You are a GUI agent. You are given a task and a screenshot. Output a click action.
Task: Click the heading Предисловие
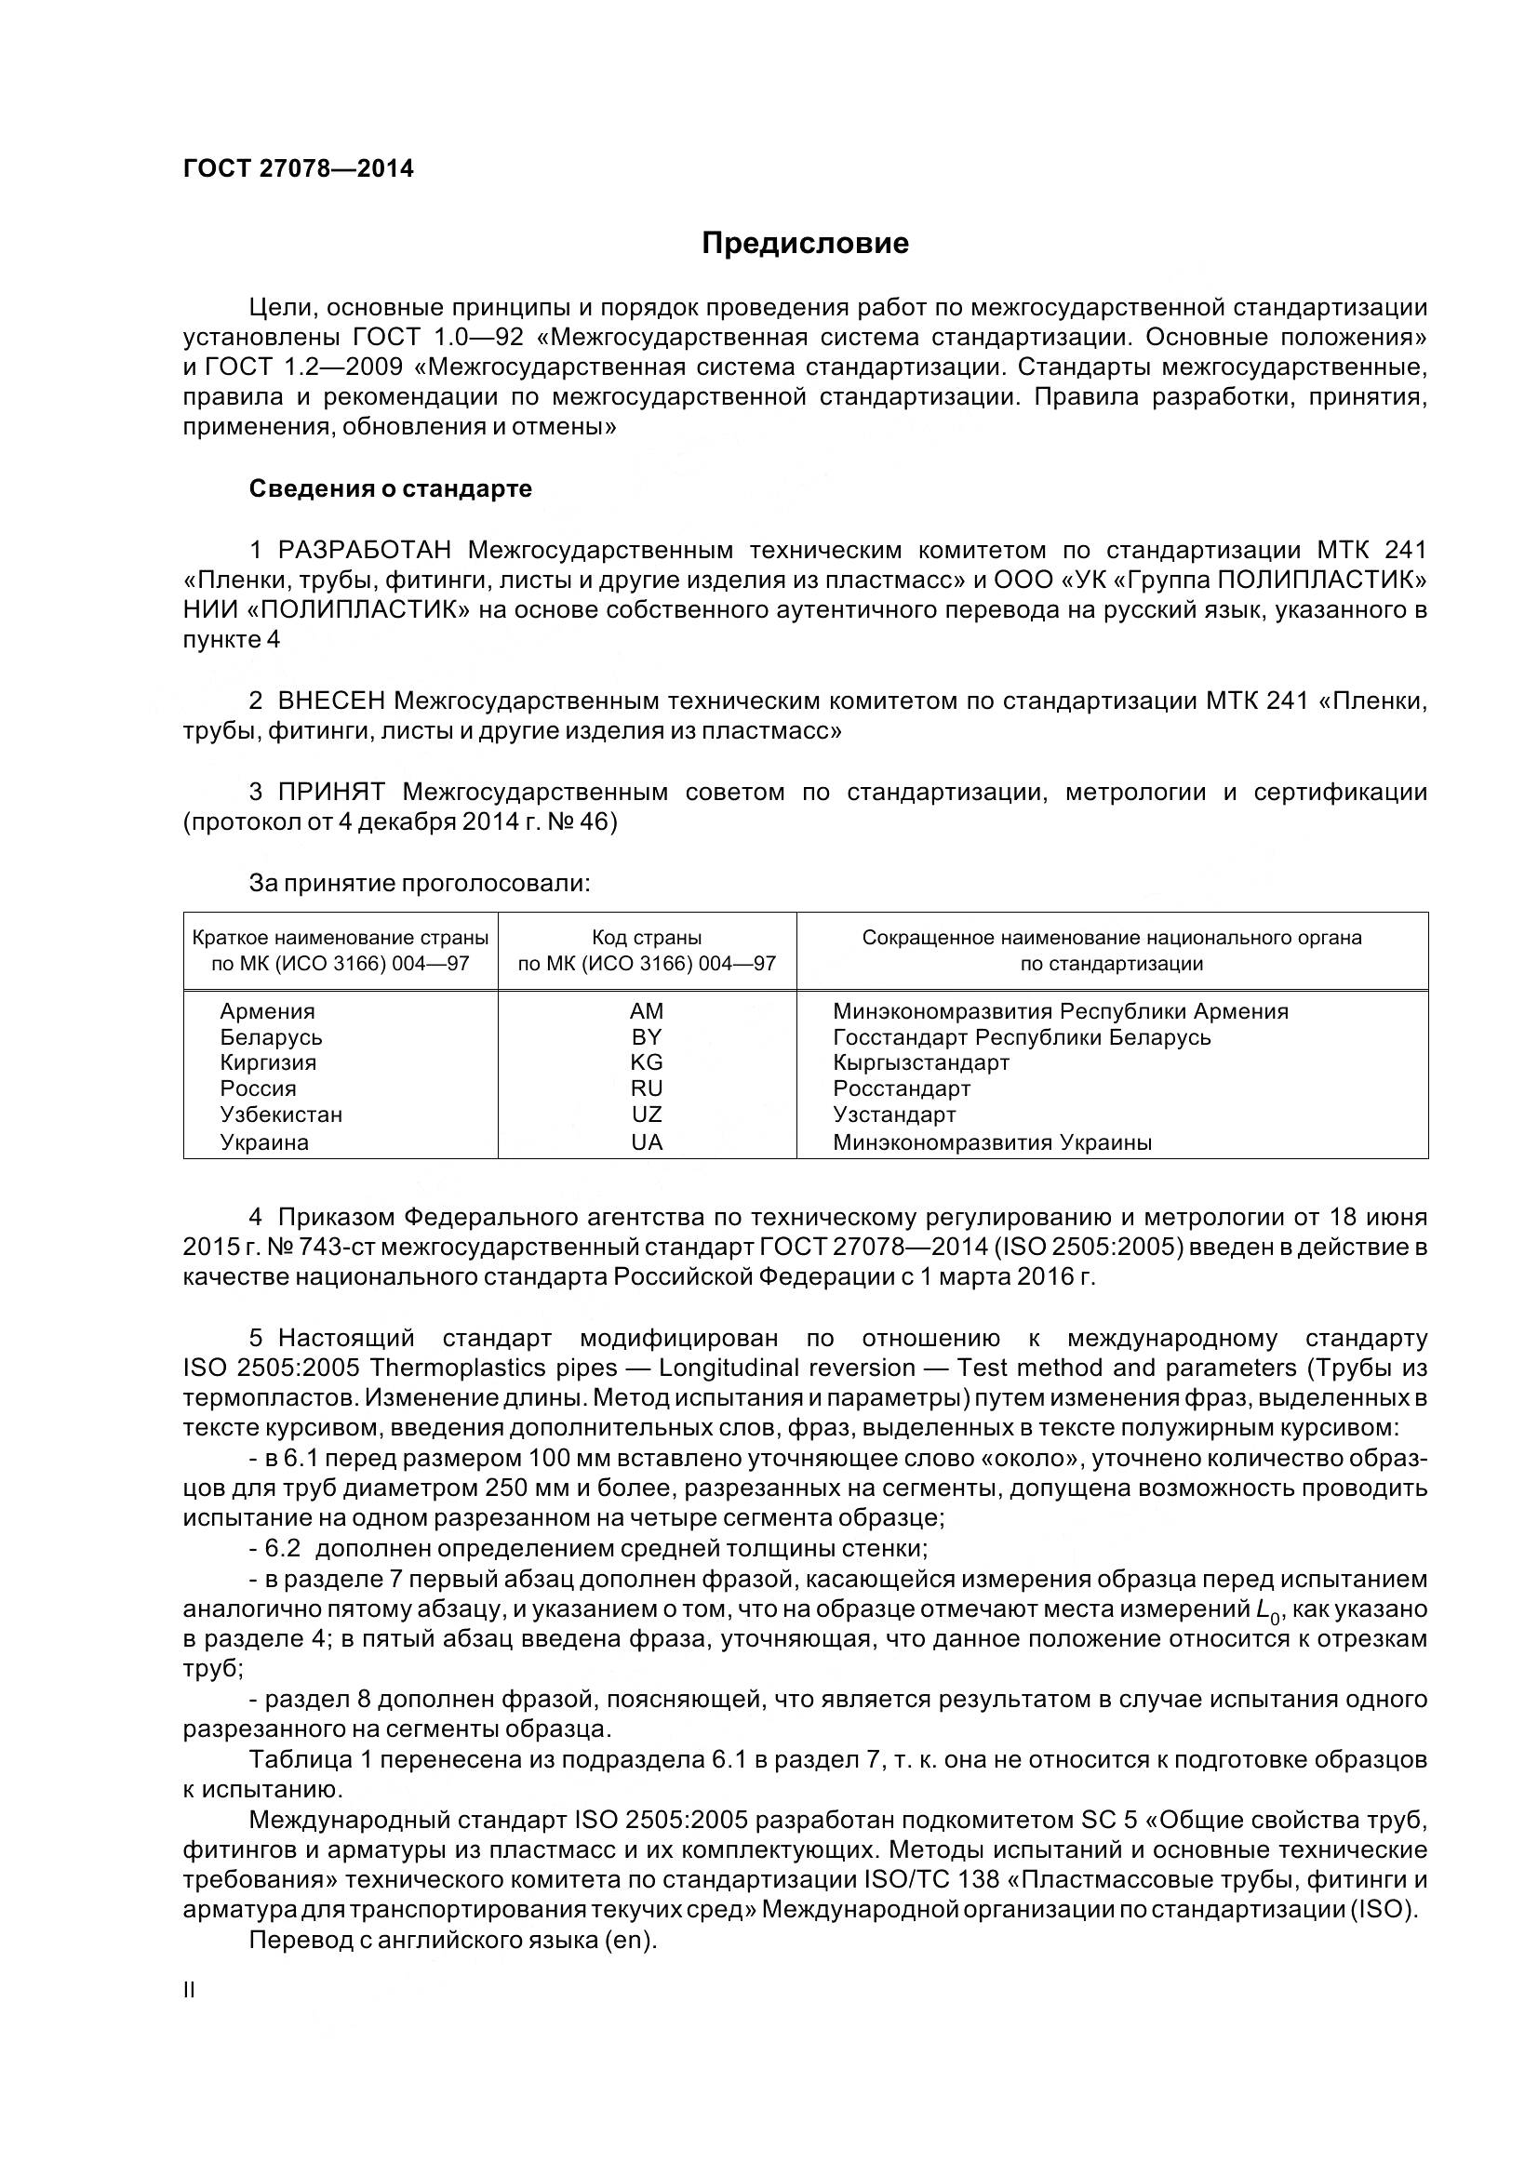point(805,244)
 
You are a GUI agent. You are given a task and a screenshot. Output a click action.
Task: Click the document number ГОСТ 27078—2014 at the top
point(299,168)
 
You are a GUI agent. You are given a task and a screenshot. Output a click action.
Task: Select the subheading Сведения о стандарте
point(391,489)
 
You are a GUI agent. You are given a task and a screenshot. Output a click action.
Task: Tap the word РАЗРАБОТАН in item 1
point(364,551)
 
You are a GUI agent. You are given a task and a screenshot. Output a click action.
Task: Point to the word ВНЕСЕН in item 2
point(330,701)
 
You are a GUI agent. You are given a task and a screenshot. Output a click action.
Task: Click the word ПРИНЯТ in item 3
point(330,793)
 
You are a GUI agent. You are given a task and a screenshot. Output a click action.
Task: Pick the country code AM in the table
point(647,1011)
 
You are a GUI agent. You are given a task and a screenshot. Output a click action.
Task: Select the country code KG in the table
point(647,1062)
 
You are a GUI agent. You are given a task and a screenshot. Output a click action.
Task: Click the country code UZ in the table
point(647,1115)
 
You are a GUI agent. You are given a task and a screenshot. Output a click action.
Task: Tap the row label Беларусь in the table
point(271,1036)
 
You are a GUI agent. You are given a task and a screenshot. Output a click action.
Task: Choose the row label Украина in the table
point(264,1142)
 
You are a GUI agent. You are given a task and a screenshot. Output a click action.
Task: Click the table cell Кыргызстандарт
point(921,1062)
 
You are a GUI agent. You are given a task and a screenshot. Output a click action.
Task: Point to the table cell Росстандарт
point(902,1089)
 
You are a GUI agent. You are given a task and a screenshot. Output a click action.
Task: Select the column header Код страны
point(647,939)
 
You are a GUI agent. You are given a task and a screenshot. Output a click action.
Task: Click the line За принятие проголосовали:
point(419,883)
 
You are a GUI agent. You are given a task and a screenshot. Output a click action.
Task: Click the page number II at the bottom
point(189,1990)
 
